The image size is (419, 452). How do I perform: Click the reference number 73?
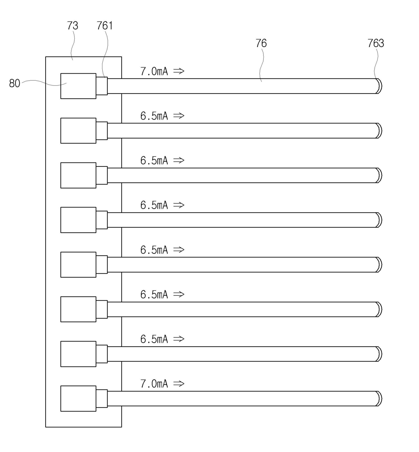pyautogui.click(x=73, y=26)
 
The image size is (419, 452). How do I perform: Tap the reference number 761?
pyautogui.click(x=104, y=26)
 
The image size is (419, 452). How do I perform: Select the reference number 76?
pyautogui.click(x=261, y=43)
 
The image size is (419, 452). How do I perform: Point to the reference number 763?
pyautogui.click(x=375, y=43)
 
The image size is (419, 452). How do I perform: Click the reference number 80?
pyautogui.click(x=15, y=83)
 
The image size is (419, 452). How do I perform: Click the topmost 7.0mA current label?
pyautogui.click(x=154, y=71)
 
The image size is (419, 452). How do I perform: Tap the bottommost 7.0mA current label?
pyautogui.click(x=154, y=384)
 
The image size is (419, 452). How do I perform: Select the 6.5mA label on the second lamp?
pyautogui.click(x=154, y=116)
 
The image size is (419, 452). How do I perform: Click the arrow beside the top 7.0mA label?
pyautogui.click(x=179, y=71)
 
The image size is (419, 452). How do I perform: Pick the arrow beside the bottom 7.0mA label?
pyautogui.click(x=179, y=383)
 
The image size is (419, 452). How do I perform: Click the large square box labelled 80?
pyautogui.click(x=78, y=86)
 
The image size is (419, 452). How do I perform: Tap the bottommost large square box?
pyautogui.click(x=78, y=399)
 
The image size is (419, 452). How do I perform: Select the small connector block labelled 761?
pyautogui.click(x=102, y=86)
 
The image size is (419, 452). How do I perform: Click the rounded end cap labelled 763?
pyautogui.click(x=379, y=86)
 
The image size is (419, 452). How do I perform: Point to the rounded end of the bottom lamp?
pyautogui.click(x=379, y=399)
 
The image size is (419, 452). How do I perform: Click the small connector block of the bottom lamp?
pyautogui.click(x=102, y=399)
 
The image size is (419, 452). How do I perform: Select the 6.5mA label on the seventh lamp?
pyautogui.click(x=154, y=339)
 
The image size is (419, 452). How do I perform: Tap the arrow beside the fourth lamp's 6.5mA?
pyautogui.click(x=179, y=205)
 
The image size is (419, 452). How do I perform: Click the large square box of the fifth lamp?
pyautogui.click(x=78, y=265)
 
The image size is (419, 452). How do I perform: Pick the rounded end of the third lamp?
pyautogui.click(x=379, y=175)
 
